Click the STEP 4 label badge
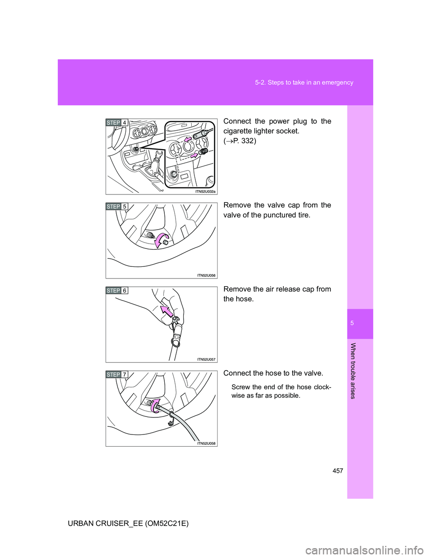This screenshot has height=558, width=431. point(117,123)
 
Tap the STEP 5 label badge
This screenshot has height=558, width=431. point(117,207)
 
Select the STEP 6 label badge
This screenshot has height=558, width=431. point(117,290)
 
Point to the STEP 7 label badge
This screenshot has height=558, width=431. point(117,375)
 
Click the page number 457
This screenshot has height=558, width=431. point(338,471)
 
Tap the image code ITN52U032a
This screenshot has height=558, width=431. point(205,191)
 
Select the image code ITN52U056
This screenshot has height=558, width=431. point(206,275)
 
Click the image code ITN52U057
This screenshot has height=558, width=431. point(206,359)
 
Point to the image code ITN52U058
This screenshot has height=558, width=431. point(206,443)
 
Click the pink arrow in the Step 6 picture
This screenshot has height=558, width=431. point(166,311)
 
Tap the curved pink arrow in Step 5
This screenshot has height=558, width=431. point(160,240)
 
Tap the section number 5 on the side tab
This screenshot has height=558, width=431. point(360,323)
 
